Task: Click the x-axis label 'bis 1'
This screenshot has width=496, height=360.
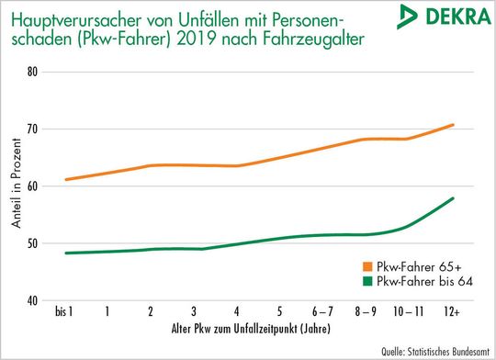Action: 65,312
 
